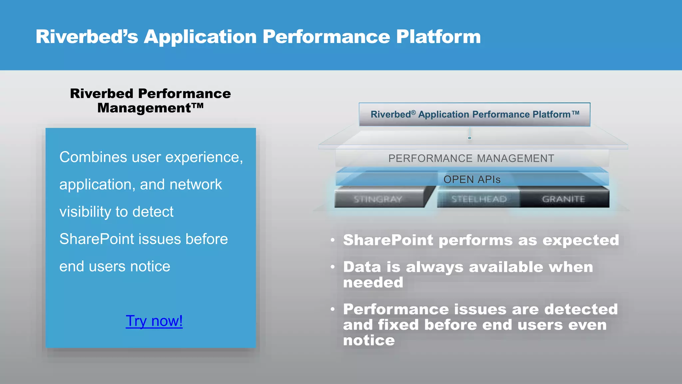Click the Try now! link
pos(154,321)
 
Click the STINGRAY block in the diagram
pos(378,199)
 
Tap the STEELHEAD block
pos(479,199)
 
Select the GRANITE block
pos(563,199)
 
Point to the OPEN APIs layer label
pos(472,180)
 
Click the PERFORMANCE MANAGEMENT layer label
pos(471,158)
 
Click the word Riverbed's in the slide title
pos(87,37)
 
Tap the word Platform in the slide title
pos(438,37)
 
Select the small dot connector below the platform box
pos(470,138)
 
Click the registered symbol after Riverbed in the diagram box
pos(413,113)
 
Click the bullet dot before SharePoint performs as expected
pos(332,240)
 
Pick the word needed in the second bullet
pos(373,283)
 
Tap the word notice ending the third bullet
pos(369,340)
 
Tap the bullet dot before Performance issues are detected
pos(332,309)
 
